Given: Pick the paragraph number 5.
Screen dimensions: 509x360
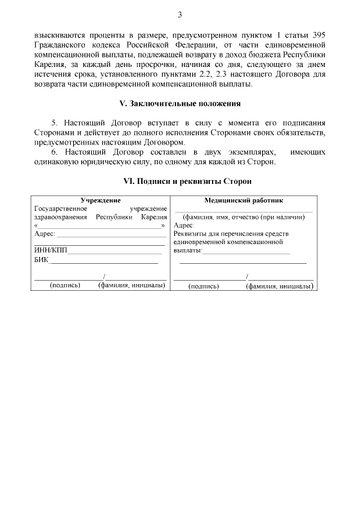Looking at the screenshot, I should pos(54,122).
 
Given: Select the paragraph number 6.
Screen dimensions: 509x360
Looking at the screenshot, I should pos(54,152).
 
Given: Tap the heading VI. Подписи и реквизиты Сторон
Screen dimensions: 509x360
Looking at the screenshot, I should pos(180,182).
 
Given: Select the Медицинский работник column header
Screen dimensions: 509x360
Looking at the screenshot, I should pos(244,200).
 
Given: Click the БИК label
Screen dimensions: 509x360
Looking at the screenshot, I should pos(42,260).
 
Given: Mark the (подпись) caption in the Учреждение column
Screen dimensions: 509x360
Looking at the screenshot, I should pos(65,285).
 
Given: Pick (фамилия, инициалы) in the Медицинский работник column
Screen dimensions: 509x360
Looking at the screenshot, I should pos(278,286).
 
